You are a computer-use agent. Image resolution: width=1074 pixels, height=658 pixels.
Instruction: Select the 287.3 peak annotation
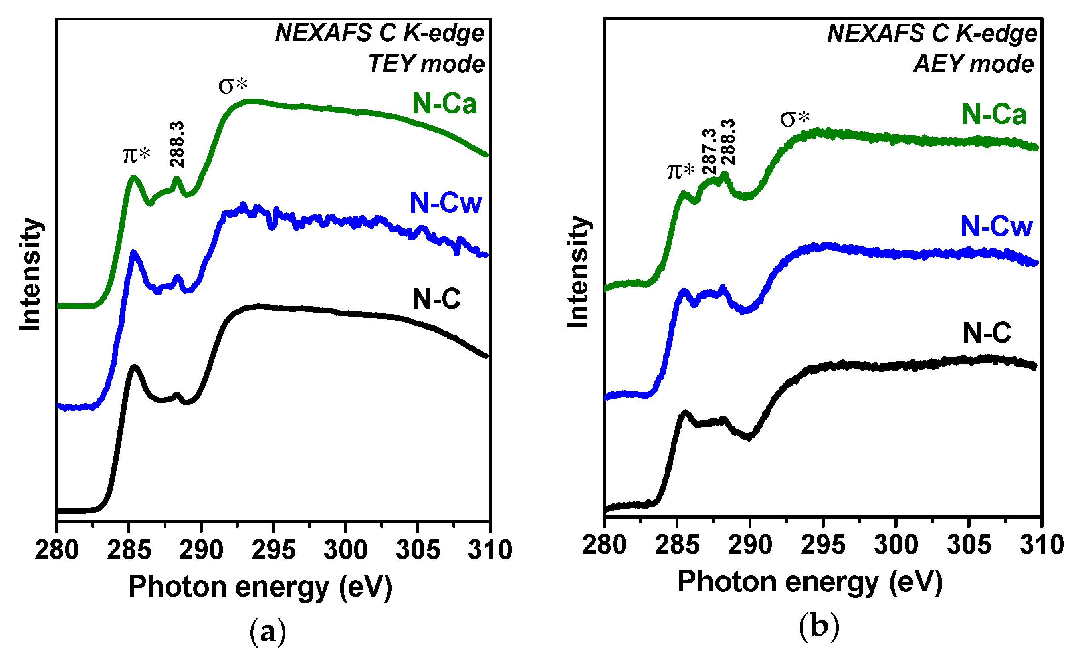[709, 151]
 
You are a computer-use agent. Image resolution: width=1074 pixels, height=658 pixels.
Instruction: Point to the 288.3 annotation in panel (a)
[177, 144]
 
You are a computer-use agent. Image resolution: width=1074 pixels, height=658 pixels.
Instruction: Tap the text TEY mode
[426, 64]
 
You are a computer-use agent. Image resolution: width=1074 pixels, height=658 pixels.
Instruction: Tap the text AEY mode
[973, 64]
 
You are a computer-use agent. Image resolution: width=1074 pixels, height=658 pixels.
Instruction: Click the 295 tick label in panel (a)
[273, 550]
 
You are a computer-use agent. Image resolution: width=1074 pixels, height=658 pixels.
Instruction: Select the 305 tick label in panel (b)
[969, 545]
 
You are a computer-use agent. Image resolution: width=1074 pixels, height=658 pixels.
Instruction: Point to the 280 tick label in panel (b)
[604, 545]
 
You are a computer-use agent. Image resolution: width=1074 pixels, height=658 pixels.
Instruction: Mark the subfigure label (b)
[819, 627]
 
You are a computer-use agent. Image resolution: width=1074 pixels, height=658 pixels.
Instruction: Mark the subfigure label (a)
[268, 632]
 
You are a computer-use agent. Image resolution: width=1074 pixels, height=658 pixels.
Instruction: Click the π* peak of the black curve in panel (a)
[134, 367]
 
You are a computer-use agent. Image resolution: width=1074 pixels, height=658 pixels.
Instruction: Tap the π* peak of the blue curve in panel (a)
[133, 252]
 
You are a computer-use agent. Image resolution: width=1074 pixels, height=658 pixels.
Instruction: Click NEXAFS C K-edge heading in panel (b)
[932, 33]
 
